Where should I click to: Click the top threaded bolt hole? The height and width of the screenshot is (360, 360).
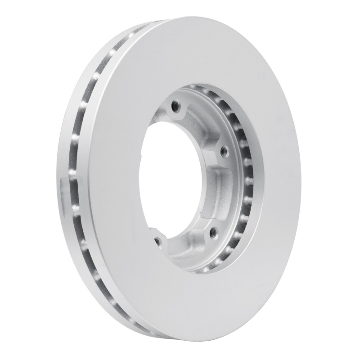175,107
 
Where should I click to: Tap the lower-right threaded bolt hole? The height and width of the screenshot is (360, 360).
213,232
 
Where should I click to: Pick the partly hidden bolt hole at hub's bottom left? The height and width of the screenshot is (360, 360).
157,242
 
